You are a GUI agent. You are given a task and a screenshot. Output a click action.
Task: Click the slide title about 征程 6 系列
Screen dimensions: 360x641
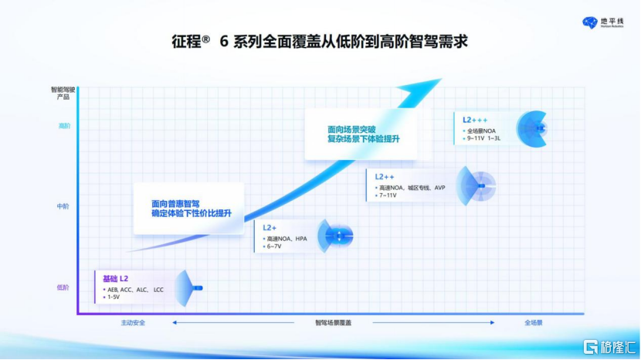(x=320, y=41)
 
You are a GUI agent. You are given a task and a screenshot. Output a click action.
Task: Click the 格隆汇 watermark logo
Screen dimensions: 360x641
(x=606, y=345)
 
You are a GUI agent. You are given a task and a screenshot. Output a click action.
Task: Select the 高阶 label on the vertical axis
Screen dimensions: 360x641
(x=63, y=126)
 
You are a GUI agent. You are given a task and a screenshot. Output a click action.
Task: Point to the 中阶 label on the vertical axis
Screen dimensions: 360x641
(x=63, y=206)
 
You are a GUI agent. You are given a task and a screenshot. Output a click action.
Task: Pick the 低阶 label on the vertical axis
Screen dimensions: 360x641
(x=63, y=287)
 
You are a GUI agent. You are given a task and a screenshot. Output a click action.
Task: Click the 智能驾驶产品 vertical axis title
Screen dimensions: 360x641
(x=63, y=93)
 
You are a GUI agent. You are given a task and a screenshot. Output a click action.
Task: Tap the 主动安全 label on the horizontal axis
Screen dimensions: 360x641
(x=133, y=322)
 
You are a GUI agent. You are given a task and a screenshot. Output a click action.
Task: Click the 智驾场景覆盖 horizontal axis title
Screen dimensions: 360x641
(x=333, y=322)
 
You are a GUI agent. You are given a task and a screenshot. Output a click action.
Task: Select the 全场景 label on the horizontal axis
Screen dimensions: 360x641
(x=534, y=322)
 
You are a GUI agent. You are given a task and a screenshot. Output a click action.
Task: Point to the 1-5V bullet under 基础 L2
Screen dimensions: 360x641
(x=114, y=297)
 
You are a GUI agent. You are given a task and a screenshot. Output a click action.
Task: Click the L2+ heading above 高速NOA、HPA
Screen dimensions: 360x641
(x=270, y=228)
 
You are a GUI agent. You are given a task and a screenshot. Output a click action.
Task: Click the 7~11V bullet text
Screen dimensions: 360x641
(x=388, y=195)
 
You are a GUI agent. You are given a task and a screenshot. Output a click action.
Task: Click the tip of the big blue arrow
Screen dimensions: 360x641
(x=441, y=79)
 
